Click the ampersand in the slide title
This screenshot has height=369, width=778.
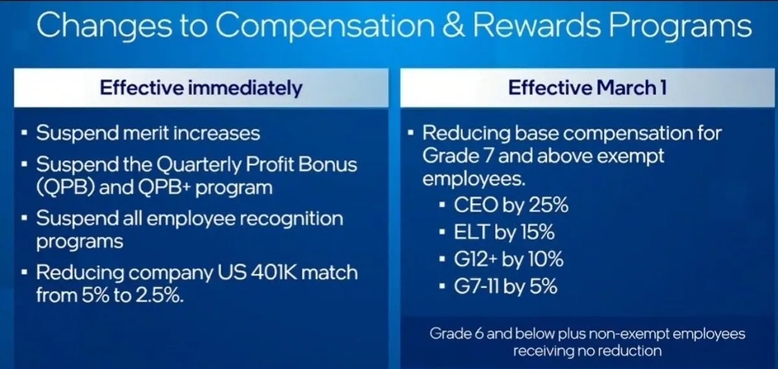(x=453, y=25)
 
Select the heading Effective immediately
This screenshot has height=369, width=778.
(x=201, y=87)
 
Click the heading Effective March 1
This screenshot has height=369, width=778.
(x=587, y=87)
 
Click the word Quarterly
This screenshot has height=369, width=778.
(x=198, y=165)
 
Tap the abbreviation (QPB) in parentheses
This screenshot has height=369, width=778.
(x=65, y=188)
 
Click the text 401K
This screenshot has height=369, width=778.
(x=274, y=273)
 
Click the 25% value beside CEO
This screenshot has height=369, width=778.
(x=548, y=205)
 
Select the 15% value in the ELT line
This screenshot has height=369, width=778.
(x=537, y=232)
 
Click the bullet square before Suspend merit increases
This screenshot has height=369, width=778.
(x=24, y=133)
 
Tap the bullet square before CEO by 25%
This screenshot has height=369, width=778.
(x=442, y=205)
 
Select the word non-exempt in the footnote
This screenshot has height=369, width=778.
(x=629, y=333)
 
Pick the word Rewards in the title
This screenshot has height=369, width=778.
(x=537, y=25)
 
